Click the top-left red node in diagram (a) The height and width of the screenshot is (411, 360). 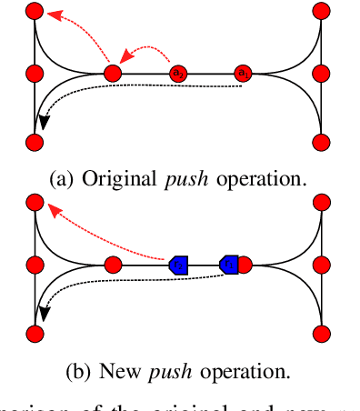point(35,11)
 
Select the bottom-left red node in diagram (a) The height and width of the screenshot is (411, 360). point(35,142)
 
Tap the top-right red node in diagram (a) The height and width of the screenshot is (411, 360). point(321,11)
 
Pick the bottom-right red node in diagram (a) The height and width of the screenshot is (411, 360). point(321,142)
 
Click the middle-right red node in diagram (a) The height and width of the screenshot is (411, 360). point(321,73)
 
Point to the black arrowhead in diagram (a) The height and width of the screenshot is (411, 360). point(41,125)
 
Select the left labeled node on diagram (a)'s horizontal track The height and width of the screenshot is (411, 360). point(179,73)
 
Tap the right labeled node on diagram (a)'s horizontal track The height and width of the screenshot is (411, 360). point(242,73)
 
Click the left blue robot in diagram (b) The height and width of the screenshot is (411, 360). point(178,265)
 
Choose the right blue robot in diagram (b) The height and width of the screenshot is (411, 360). point(229,265)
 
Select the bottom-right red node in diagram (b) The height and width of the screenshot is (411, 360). point(321,333)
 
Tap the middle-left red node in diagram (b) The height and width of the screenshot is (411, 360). point(35,265)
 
